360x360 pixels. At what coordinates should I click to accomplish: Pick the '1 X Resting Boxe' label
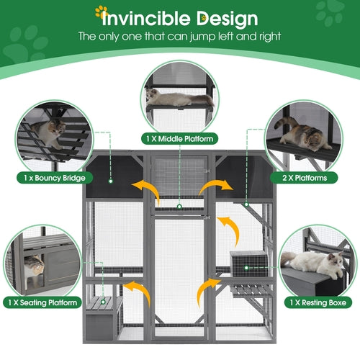pyautogui.click(x=315, y=303)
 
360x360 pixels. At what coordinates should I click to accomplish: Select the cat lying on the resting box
pyautogui.click(x=317, y=262)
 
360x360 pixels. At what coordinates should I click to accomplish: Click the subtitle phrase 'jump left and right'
pyautogui.click(x=238, y=36)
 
